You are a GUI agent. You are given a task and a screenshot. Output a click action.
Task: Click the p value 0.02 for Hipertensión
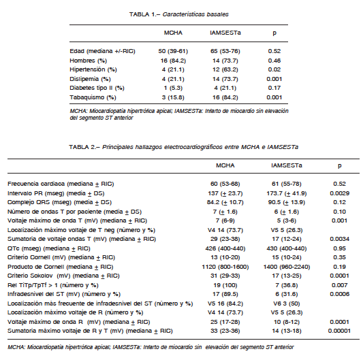click(274, 69)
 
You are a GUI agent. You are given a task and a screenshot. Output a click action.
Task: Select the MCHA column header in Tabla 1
click(173, 33)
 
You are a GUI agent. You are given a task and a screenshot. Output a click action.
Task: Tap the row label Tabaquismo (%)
click(93, 97)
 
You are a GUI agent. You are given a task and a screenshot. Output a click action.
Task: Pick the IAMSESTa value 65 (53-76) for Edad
click(225, 51)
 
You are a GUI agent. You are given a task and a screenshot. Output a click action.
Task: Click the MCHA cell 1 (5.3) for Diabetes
click(173, 88)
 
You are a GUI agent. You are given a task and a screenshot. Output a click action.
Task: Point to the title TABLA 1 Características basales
click(178, 14)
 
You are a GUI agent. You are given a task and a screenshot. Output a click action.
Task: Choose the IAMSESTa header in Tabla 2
click(287, 165)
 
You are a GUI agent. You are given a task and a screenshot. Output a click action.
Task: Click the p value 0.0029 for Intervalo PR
click(340, 193)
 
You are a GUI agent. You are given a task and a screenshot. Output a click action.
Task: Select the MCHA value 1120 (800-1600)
click(225, 267)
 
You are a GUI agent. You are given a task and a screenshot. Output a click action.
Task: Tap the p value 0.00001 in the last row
click(339, 331)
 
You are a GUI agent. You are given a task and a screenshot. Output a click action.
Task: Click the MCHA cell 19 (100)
click(225, 285)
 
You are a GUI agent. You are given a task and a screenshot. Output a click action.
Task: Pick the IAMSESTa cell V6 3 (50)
click(287, 304)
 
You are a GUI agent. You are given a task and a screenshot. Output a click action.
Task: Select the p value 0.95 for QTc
click(340, 248)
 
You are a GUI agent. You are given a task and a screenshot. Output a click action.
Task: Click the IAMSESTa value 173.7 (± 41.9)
click(287, 193)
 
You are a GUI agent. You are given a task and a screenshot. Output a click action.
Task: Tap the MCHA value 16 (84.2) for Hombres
click(173, 61)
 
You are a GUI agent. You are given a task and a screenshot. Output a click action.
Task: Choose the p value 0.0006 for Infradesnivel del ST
click(340, 294)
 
